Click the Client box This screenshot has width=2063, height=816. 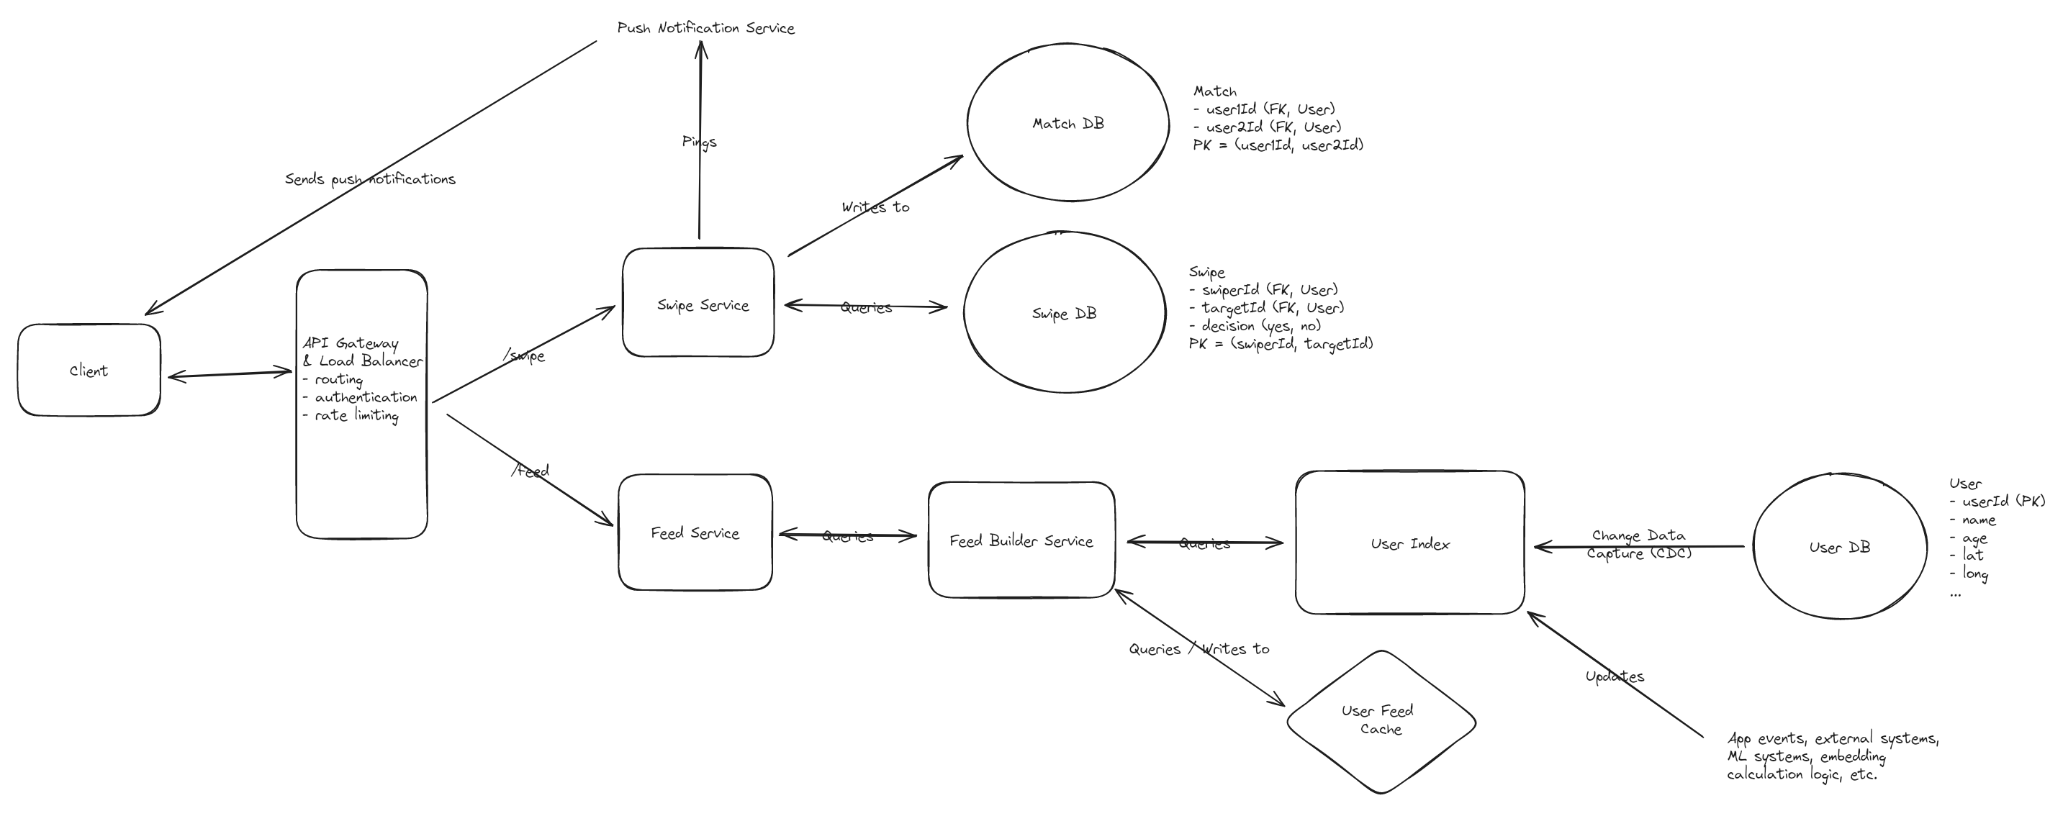point(89,370)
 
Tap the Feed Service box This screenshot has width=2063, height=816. point(695,532)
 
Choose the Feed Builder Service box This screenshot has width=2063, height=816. point(1021,540)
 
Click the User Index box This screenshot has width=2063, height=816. point(1409,544)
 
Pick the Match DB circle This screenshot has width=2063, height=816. point(1067,123)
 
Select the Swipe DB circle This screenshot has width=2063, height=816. point(1064,313)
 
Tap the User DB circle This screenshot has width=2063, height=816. point(1840,547)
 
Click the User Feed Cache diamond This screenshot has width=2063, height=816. point(1381,719)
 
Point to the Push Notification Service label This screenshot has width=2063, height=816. point(705,28)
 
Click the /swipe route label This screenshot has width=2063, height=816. point(525,355)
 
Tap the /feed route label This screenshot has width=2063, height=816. point(531,471)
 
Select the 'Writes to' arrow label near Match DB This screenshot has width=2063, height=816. point(875,207)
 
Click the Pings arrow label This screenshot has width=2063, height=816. point(699,142)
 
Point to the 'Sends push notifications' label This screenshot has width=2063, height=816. point(370,178)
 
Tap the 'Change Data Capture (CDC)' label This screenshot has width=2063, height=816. point(1638,544)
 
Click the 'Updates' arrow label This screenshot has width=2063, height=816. point(1615,676)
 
